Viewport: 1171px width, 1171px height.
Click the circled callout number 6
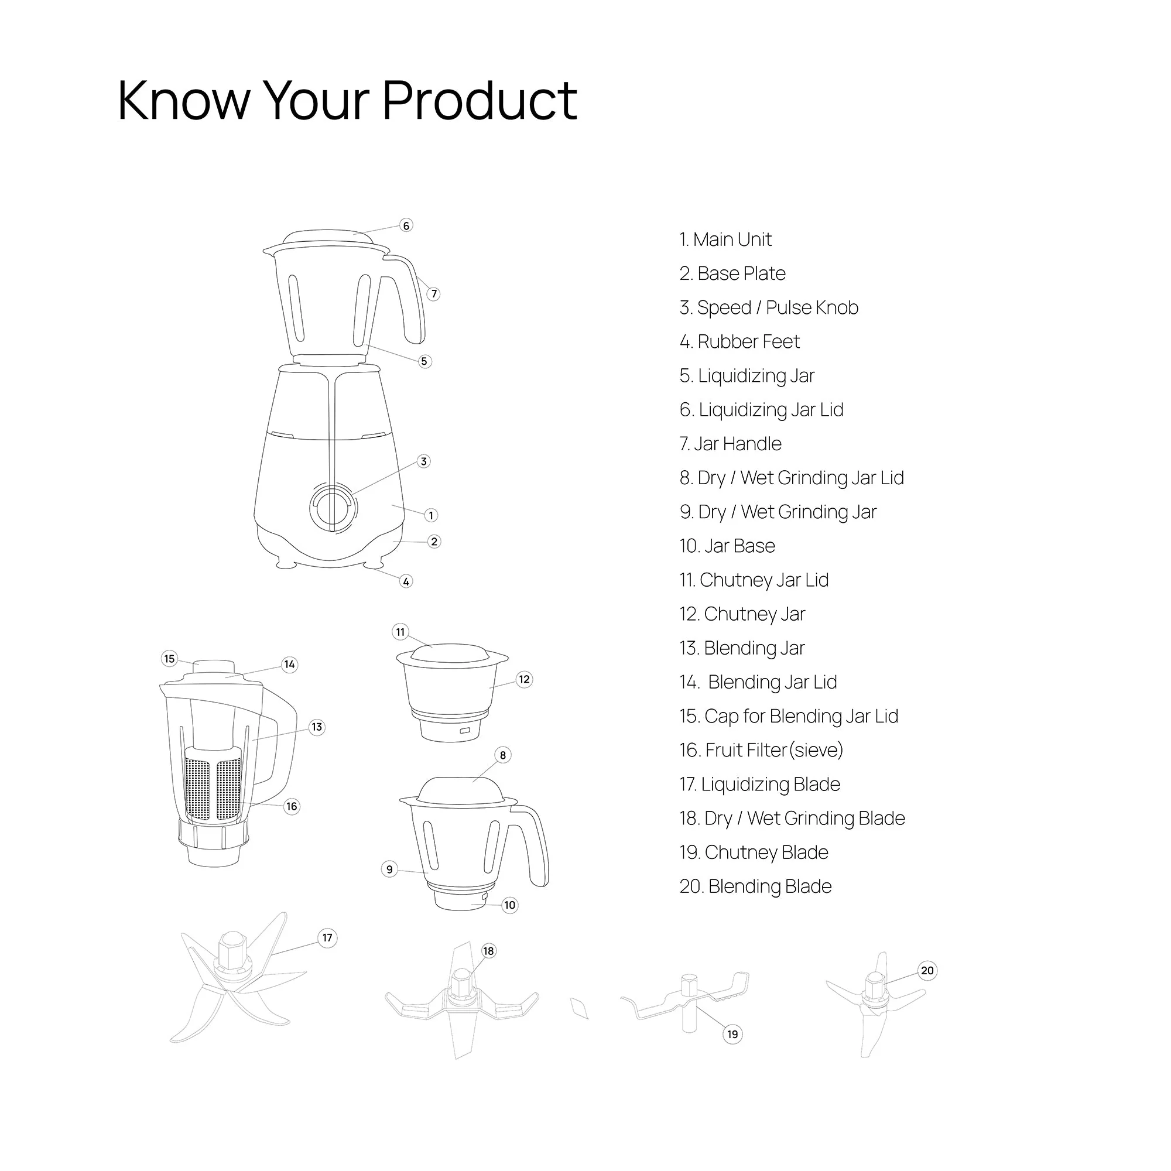(x=406, y=225)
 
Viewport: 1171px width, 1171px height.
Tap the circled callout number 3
(x=424, y=461)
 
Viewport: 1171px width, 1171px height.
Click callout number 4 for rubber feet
(x=406, y=581)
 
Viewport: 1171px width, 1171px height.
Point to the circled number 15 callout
(x=169, y=658)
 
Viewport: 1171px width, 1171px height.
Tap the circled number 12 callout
(x=524, y=679)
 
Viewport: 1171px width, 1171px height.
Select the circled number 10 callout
(x=510, y=905)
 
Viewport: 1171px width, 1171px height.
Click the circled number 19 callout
(x=732, y=1034)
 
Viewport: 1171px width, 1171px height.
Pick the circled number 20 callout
(x=927, y=970)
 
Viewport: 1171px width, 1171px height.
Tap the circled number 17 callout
(x=327, y=937)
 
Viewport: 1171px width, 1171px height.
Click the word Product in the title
(x=480, y=100)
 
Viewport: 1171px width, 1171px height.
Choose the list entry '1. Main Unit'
(x=725, y=239)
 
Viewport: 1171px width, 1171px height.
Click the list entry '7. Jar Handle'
(x=730, y=444)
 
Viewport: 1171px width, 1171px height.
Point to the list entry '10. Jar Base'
(x=727, y=546)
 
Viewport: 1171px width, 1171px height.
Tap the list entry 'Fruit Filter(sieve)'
(x=761, y=750)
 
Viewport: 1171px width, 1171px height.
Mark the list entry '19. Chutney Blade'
(x=754, y=852)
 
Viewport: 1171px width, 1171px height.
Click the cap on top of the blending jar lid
(x=213, y=667)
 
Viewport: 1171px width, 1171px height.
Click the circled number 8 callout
(x=502, y=755)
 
